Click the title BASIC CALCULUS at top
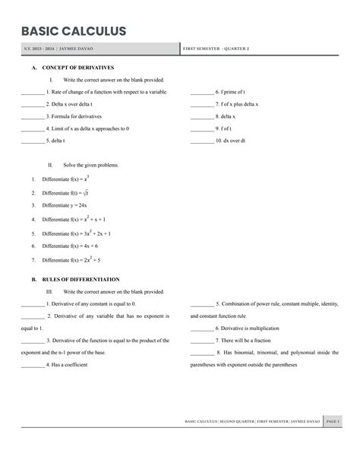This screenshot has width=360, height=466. [x=74, y=31]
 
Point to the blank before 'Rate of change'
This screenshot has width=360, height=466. [x=33, y=91]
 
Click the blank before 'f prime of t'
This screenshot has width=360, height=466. [x=202, y=91]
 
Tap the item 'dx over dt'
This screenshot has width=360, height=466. [x=231, y=141]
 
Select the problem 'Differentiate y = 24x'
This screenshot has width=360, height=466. [x=65, y=205]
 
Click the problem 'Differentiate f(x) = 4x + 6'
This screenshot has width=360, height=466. [x=70, y=246]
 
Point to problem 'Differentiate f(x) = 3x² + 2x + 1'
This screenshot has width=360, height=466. [x=77, y=233]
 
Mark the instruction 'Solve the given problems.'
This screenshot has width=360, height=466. [x=91, y=164]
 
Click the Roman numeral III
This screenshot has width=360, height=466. [x=51, y=291]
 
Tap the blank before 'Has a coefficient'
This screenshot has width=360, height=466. [x=33, y=366]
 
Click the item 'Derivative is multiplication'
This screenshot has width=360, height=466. [x=247, y=328]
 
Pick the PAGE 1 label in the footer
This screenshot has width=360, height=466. [x=333, y=421]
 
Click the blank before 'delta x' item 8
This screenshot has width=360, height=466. [x=202, y=116]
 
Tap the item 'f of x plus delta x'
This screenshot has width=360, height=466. [x=237, y=104]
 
